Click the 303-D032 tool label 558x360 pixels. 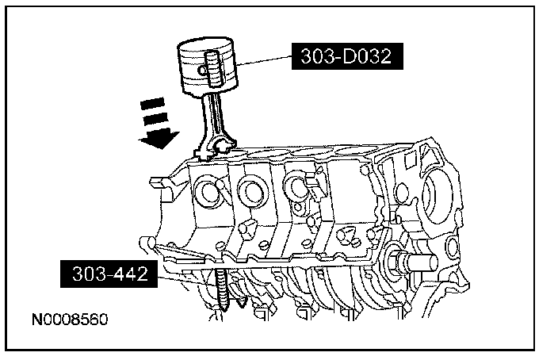point(344,57)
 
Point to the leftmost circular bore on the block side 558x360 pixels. point(208,191)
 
